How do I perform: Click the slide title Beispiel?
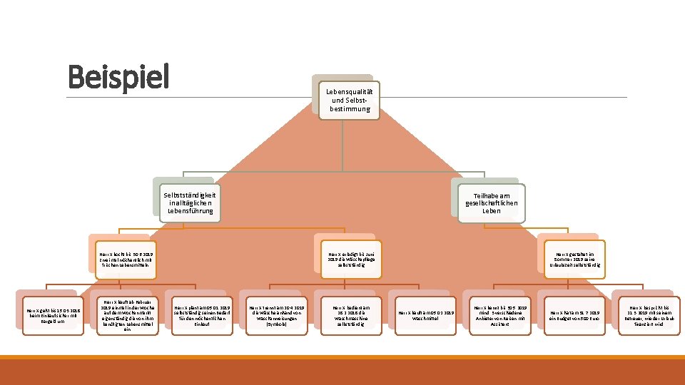(x=118, y=77)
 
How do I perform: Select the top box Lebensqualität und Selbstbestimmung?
(x=347, y=100)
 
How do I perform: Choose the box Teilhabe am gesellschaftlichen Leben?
(x=492, y=202)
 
